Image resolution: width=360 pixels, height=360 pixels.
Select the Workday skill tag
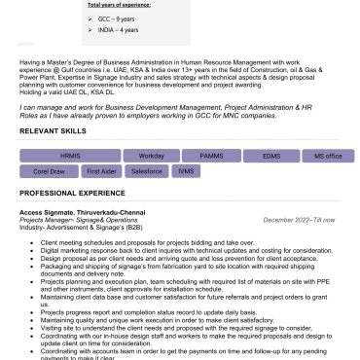point(152,156)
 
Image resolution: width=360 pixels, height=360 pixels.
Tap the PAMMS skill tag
point(212,156)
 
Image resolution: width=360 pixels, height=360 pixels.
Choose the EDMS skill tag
point(270,156)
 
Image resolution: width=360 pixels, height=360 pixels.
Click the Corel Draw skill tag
point(49,171)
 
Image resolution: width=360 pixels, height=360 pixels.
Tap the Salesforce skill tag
point(146,171)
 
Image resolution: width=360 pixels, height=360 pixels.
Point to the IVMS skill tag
point(185,171)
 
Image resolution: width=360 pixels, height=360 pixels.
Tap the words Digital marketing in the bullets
point(60,249)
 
